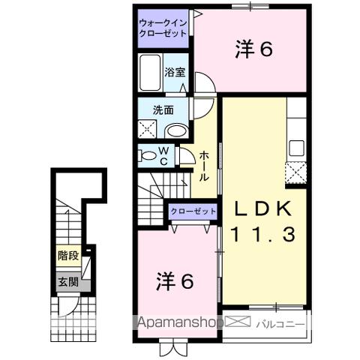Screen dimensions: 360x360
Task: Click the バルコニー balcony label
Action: tap(280, 324)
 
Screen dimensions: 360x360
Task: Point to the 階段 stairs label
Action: tap(67, 256)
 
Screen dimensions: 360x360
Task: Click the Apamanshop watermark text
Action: tap(180, 324)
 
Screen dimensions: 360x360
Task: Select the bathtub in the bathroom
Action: tap(150, 73)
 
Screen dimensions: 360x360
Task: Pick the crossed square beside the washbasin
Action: tap(147, 129)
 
